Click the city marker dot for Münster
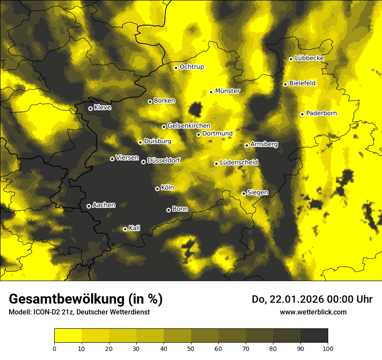pos(211,92)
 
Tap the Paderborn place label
pos(321,113)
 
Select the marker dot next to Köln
pos(157,189)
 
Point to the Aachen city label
pos(104,205)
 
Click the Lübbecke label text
pos(309,58)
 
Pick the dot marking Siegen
pos(244,193)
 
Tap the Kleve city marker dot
pos(90,108)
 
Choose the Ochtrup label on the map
pos(191,67)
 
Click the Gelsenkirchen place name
pos(189,126)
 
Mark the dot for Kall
pos(125,229)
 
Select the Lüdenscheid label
pos(239,163)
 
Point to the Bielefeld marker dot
pos(285,84)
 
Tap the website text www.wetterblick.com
pos(313,312)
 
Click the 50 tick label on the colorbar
pos(191,348)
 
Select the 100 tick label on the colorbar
pos(328,348)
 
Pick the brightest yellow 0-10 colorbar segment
pos(68,336)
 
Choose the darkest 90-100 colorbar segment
pos(314,336)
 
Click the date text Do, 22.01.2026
pos(293,299)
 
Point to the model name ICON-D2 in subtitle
pos(45,312)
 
